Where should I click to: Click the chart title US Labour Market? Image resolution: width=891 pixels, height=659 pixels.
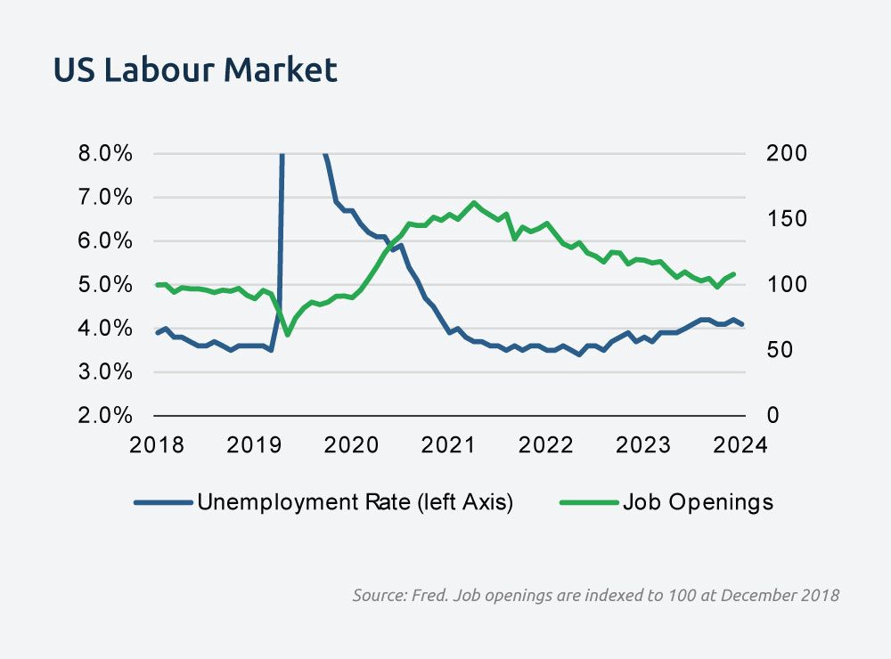[x=195, y=69]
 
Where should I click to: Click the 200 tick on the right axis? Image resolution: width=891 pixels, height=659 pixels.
[x=787, y=153]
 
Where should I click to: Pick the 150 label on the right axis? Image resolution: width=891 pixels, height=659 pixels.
[x=787, y=219]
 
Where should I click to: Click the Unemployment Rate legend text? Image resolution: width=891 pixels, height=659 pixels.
[x=355, y=502]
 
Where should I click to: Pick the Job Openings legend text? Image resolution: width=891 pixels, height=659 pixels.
[x=698, y=502]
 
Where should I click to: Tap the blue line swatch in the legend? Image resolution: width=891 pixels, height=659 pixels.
[x=163, y=503]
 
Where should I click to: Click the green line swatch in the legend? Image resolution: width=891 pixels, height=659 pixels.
[x=588, y=503]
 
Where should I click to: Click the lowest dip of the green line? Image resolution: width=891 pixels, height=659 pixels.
[x=287, y=335]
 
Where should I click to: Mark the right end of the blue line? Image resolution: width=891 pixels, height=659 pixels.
[x=743, y=324]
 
